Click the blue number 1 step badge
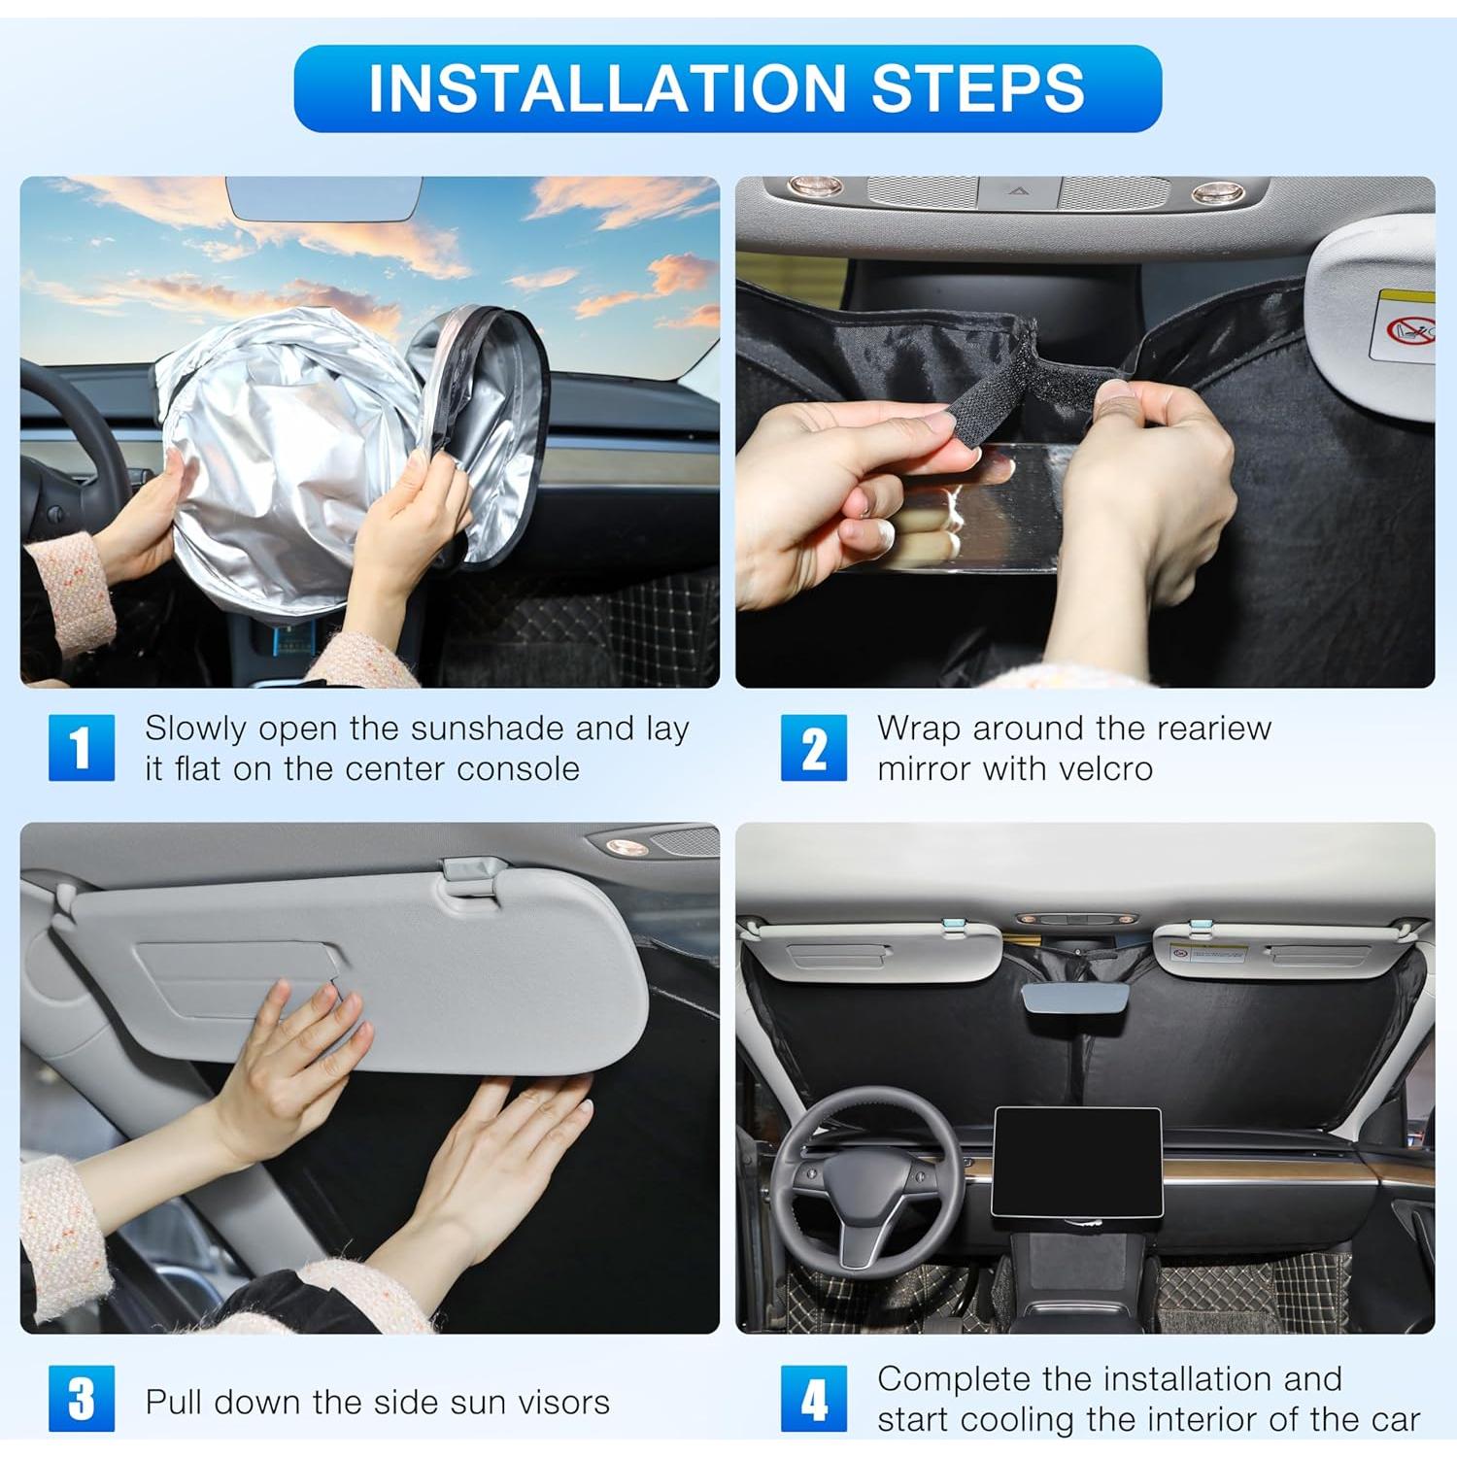pyautogui.click(x=82, y=748)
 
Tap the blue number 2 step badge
pyautogui.click(x=814, y=748)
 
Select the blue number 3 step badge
pyautogui.click(x=82, y=1399)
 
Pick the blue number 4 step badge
pyautogui.click(x=814, y=1399)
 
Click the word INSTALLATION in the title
pyautogui.click(x=607, y=88)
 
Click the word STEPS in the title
pyautogui.click(x=977, y=88)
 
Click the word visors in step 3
pyautogui.click(x=563, y=1403)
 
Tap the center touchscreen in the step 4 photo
pyautogui.click(x=1076, y=1162)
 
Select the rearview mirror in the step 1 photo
pyautogui.click(x=324, y=197)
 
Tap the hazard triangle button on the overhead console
pyautogui.click(x=1017, y=191)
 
